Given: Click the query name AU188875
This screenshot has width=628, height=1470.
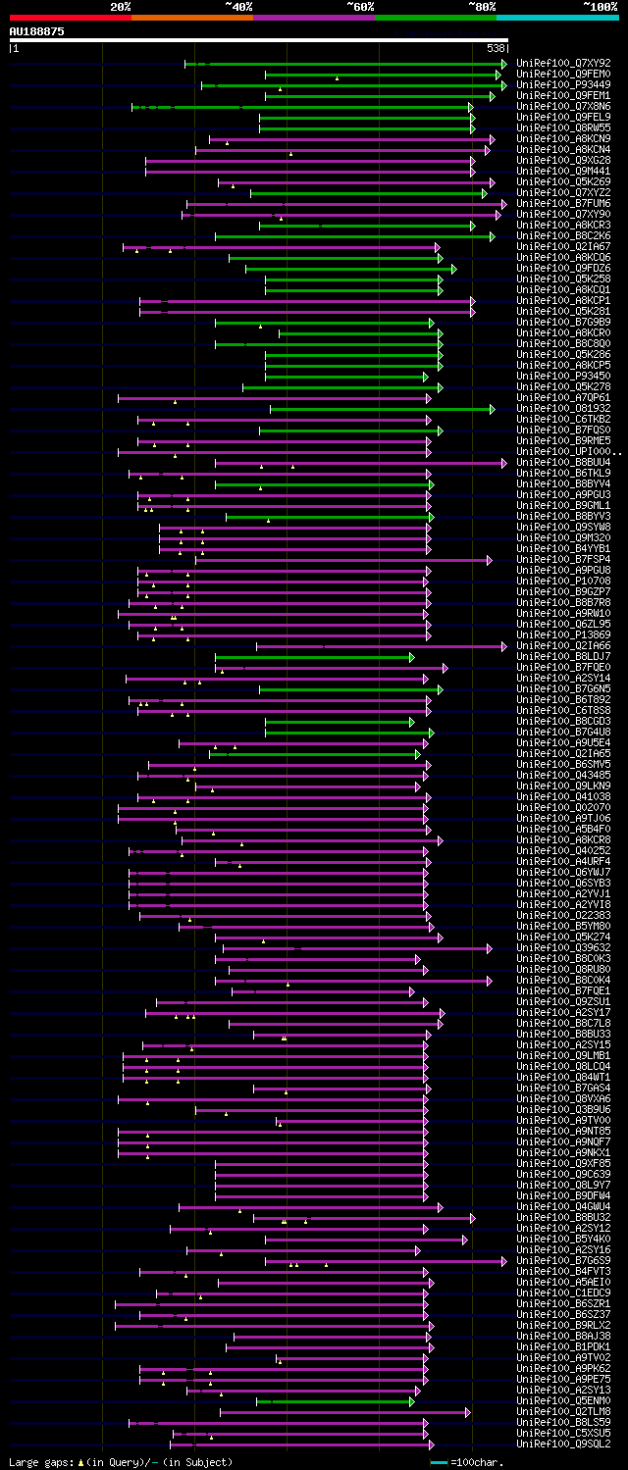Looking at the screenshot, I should point(37,31).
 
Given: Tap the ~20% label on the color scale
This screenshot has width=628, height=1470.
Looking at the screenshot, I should point(120,7).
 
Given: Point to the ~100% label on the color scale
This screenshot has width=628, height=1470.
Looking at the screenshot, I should point(601,7).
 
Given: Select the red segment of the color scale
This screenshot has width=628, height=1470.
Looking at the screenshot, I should point(70,17).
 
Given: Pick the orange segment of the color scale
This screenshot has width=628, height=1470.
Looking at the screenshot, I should point(191,17).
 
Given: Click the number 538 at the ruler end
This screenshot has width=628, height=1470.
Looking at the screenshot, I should point(496,48).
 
